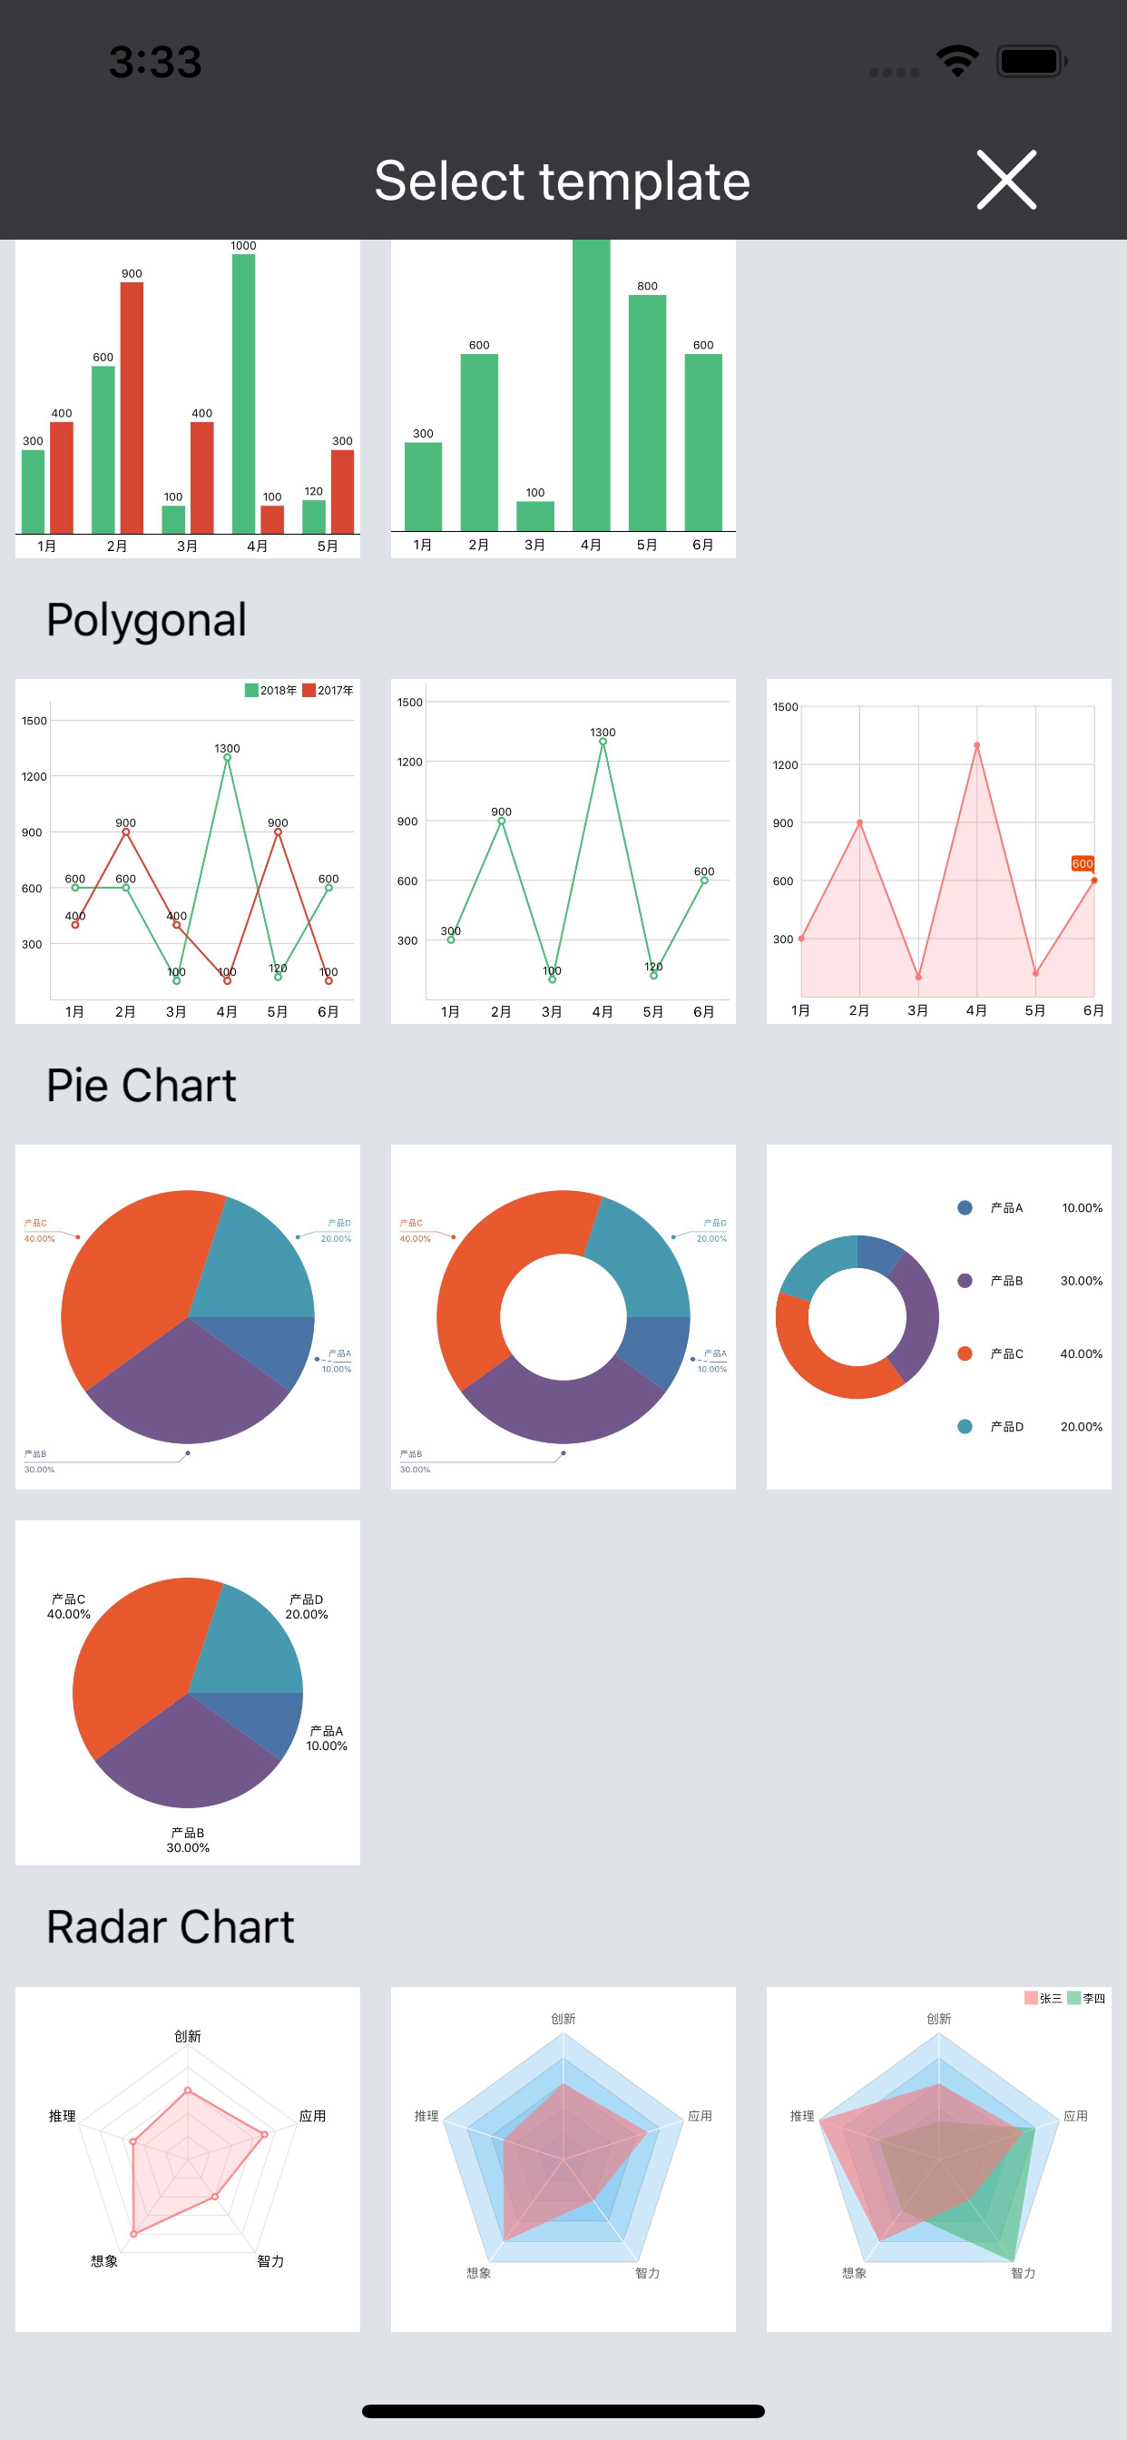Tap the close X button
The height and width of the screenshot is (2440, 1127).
pos(1005,180)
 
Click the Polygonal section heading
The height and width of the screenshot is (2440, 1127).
pos(147,620)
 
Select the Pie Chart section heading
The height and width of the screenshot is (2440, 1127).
pos(142,1086)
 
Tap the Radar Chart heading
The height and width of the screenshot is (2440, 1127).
pos(171,1926)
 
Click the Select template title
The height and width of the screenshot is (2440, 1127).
pos(563,181)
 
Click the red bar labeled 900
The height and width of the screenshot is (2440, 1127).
pos(132,408)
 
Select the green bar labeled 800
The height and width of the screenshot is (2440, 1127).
pos(647,412)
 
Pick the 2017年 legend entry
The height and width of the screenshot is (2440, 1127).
pos(328,691)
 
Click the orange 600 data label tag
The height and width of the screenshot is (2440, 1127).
pos(1082,863)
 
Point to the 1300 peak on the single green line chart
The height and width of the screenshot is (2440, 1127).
pos(603,742)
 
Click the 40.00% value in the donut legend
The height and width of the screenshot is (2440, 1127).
pos(1081,1353)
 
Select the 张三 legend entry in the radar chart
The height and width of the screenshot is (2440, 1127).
pos(1043,1998)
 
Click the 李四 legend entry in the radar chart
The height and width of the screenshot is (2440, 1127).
pos(1086,1998)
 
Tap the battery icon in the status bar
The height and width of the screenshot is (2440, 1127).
pos(1031,62)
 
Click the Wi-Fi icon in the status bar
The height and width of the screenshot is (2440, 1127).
pos(957,62)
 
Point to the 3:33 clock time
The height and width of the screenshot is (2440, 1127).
pos(155,63)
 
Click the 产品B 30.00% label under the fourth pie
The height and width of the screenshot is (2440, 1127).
pos(188,1839)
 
